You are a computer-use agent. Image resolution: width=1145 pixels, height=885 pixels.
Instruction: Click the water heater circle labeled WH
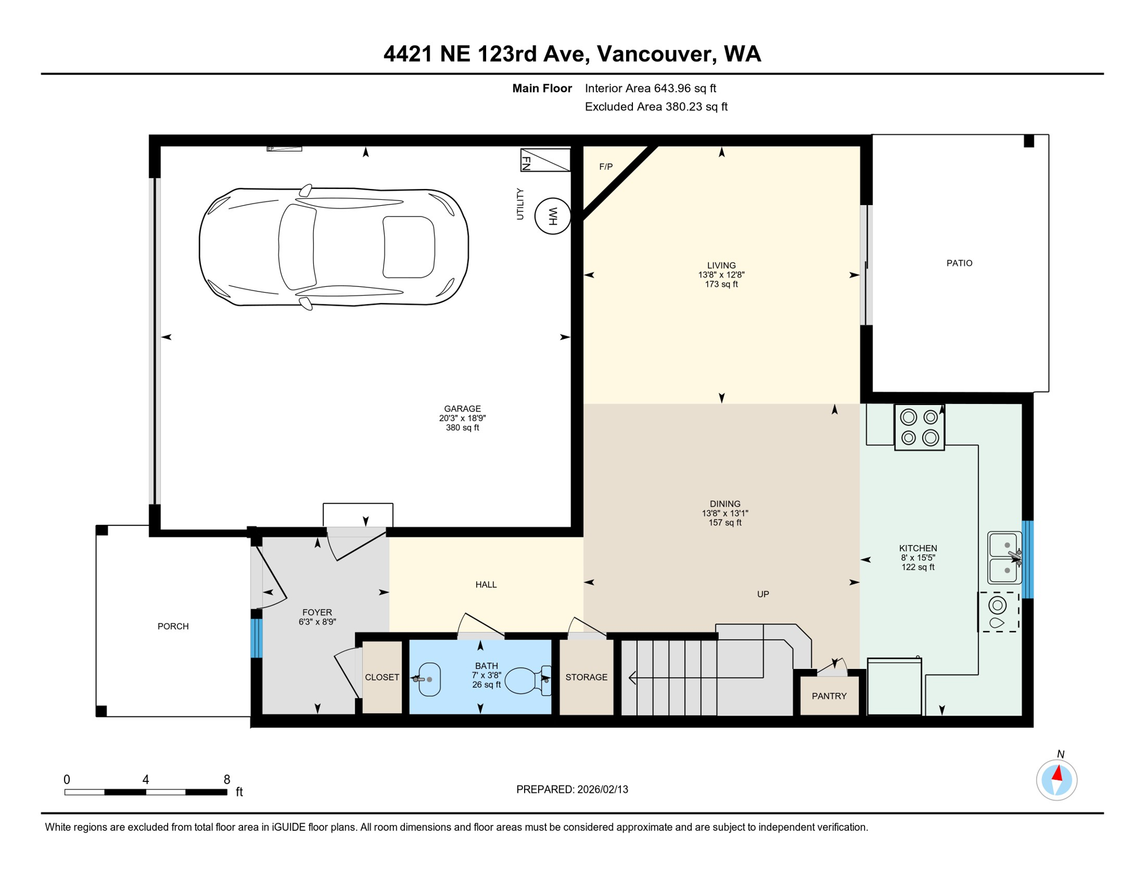(552, 216)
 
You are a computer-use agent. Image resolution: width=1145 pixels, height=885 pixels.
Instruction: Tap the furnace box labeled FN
(545, 160)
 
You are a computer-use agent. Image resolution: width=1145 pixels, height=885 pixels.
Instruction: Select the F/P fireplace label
(605, 167)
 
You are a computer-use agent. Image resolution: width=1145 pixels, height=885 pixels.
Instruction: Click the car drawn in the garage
(333, 247)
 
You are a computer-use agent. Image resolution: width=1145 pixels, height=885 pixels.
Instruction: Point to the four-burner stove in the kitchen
(919, 427)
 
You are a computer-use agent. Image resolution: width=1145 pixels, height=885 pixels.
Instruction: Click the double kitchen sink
(1004, 557)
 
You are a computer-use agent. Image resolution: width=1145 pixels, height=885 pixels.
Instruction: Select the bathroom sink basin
(429, 679)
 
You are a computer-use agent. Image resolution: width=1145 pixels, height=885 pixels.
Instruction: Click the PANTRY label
(829, 696)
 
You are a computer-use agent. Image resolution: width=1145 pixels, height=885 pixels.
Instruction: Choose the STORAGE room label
(586, 677)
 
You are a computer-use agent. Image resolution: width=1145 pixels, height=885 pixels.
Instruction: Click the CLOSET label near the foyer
(382, 677)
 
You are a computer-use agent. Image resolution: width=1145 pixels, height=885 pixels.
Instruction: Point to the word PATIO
(959, 263)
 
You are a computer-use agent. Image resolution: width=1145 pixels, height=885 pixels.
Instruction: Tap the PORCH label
(173, 626)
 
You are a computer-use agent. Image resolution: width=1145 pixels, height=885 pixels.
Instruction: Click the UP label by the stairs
(763, 594)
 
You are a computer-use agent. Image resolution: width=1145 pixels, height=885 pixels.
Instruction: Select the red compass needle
(1057, 773)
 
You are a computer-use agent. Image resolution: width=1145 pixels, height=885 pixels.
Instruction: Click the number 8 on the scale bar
(227, 780)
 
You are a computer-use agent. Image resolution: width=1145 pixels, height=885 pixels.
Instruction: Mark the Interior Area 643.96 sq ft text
(650, 88)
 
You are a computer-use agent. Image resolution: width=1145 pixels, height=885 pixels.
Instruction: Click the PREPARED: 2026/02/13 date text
(572, 789)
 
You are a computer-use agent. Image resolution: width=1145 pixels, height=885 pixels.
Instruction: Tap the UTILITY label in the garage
(520, 204)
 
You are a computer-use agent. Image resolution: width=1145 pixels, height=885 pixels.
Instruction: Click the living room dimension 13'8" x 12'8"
(721, 275)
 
